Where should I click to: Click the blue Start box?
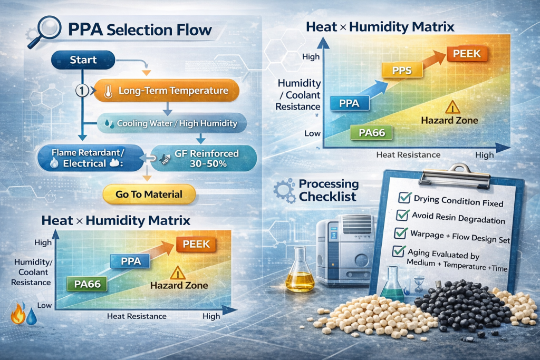pos(83,60)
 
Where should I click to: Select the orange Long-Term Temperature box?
pos(166,91)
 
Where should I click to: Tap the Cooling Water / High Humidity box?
pos(172,123)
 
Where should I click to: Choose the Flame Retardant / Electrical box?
pos(90,158)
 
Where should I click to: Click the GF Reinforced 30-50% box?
pos(204,158)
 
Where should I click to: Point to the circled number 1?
pos(82,91)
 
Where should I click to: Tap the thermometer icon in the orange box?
pos(108,92)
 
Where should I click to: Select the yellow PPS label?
pos(402,70)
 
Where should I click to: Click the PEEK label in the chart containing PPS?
pos(467,54)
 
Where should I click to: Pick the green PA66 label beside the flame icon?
pos(87,284)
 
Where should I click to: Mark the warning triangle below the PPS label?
pos(452,108)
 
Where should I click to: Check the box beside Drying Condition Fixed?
pos(404,198)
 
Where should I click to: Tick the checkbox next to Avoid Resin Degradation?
pos(402,215)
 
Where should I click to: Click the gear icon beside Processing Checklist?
pos(284,190)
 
